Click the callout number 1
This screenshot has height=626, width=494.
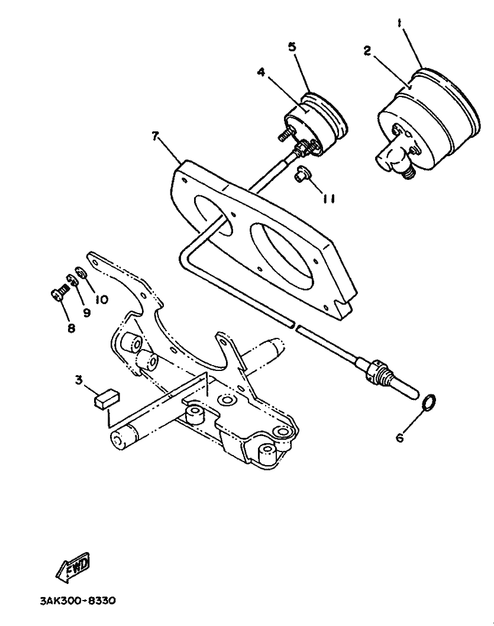click(x=401, y=23)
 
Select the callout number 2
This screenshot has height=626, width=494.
click(x=367, y=51)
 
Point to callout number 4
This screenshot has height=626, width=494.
click(x=261, y=73)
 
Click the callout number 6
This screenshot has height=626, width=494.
click(x=399, y=438)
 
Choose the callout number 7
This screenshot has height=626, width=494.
click(x=156, y=137)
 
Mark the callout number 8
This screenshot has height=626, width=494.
click(x=71, y=327)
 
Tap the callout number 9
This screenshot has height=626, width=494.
click(x=86, y=312)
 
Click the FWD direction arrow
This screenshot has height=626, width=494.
click(x=73, y=569)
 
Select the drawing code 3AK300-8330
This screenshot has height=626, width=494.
click(x=78, y=601)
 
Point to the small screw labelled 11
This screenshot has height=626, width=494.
click(x=301, y=175)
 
